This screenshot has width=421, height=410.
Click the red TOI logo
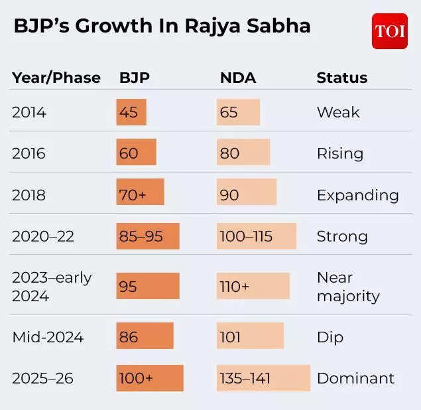pyautogui.click(x=389, y=31)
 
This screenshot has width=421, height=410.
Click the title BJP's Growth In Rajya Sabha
pyautogui.click(x=162, y=27)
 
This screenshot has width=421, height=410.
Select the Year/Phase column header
pyautogui.click(x=56, y=78)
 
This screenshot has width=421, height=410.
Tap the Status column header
pyautogui.click(x=341, y=78)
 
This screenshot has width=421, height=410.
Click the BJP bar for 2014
pyautogui.click(x=131, y=112)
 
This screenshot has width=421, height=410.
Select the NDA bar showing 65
pyautogui.click(x=238, y=112)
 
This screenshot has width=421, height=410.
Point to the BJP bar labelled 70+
pyautogui.click(x=140, y=195)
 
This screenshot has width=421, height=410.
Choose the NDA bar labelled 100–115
pyautogui.click(x=256, y=236)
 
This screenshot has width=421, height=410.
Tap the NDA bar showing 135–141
pyautogui.click(x=263, y=378)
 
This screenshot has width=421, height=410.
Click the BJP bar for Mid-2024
pyautogui.click(x=145, y=336)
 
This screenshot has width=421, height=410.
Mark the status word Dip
pyautogui.click(x=330, y=337)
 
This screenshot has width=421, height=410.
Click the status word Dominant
pyautogui.click(x=355, y=378)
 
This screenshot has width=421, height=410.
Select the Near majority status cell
pyautogui.click(x=348, y=287)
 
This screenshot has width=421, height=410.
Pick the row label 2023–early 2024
pyautogui.click(x=51, y=287)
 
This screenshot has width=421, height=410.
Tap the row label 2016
pyautogui.click(x=29, y=153)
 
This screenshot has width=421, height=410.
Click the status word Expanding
pyautogui.click(x=357, y=195)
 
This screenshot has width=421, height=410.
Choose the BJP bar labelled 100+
pyautogui.click(x=150, y=378)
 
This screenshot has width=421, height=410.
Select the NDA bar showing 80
pyautogui.click(x=243, y=153)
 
